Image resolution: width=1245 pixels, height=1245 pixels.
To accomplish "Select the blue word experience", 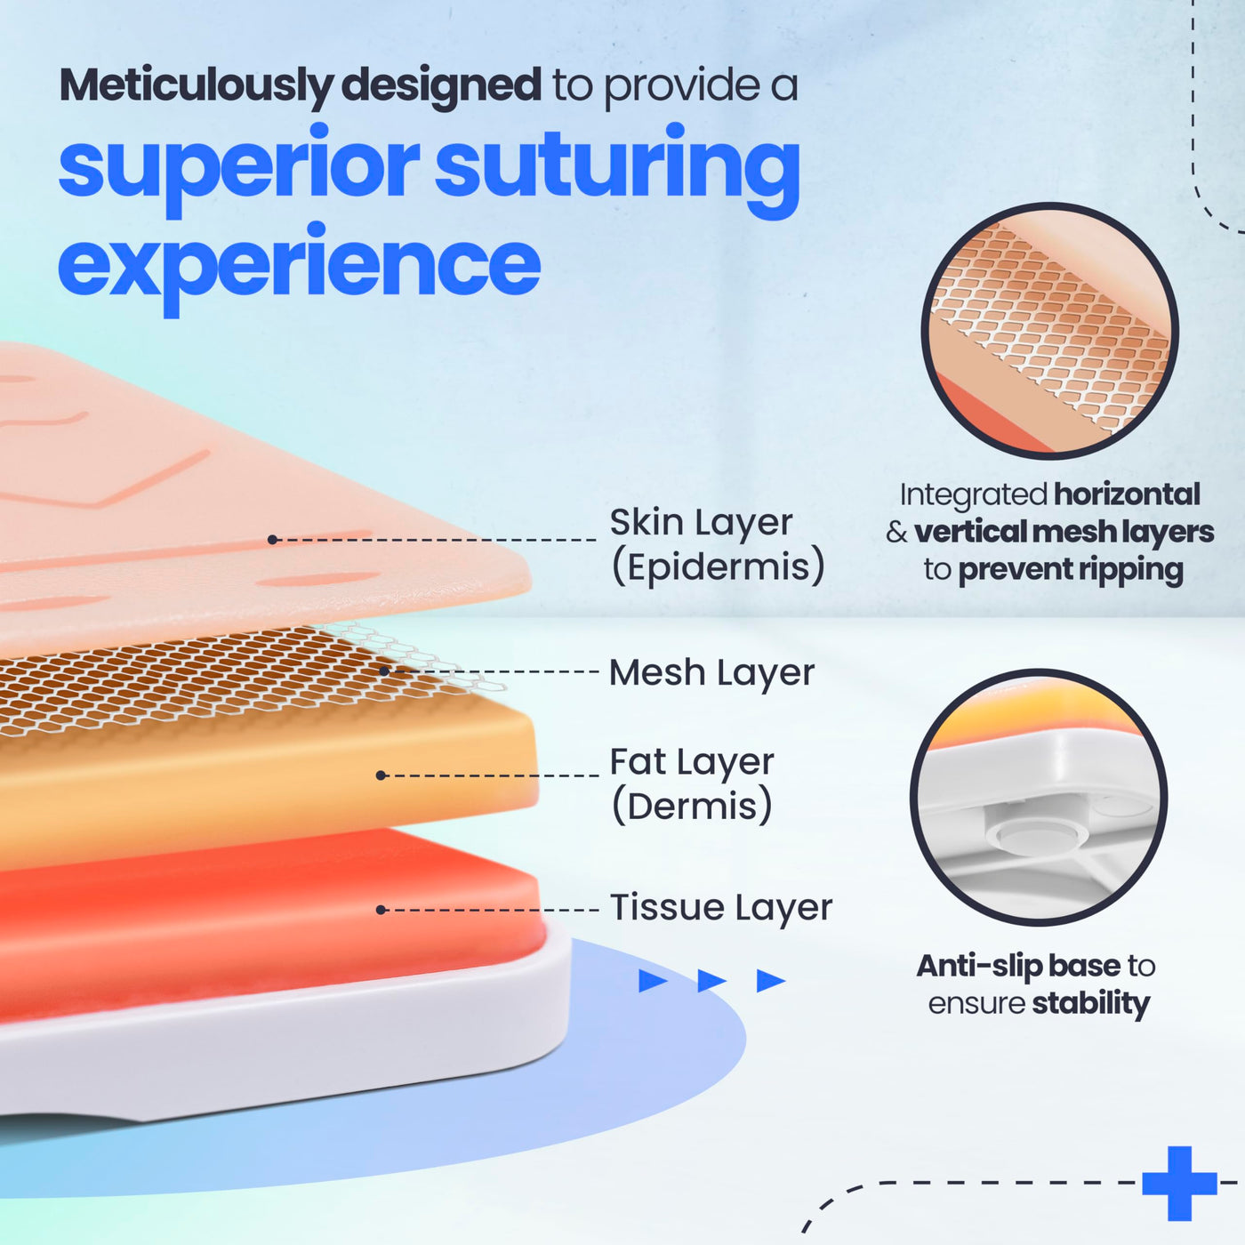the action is point(299,268).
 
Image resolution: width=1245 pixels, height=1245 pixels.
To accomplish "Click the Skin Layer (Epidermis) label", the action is point(717,545).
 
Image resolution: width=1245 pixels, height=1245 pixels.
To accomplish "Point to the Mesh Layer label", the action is point(711,673).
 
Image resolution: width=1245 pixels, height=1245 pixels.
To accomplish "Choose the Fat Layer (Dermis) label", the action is point(692,784).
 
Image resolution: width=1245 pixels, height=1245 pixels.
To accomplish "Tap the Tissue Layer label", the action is point(721,908).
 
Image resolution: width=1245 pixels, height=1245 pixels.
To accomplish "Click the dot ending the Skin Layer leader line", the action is point(273,540).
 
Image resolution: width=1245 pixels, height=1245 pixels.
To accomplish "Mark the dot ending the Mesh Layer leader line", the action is point(384,671).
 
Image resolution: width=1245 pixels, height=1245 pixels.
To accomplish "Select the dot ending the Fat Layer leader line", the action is point(381,775).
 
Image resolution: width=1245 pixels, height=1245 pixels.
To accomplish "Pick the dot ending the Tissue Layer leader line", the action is point(381,910).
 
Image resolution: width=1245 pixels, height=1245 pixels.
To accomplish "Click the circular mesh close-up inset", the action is point(1050,331).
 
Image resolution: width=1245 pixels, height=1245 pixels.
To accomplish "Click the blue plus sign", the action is point(1180,1184).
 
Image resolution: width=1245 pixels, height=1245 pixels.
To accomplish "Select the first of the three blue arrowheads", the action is point(653,981).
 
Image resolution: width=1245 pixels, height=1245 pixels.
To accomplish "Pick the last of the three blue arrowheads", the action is point(771,981).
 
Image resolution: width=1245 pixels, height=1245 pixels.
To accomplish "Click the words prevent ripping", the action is point(1071,571).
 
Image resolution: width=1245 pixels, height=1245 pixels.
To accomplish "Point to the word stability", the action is point(1091,1003).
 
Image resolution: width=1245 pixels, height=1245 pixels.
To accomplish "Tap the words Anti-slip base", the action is point(1018,966).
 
